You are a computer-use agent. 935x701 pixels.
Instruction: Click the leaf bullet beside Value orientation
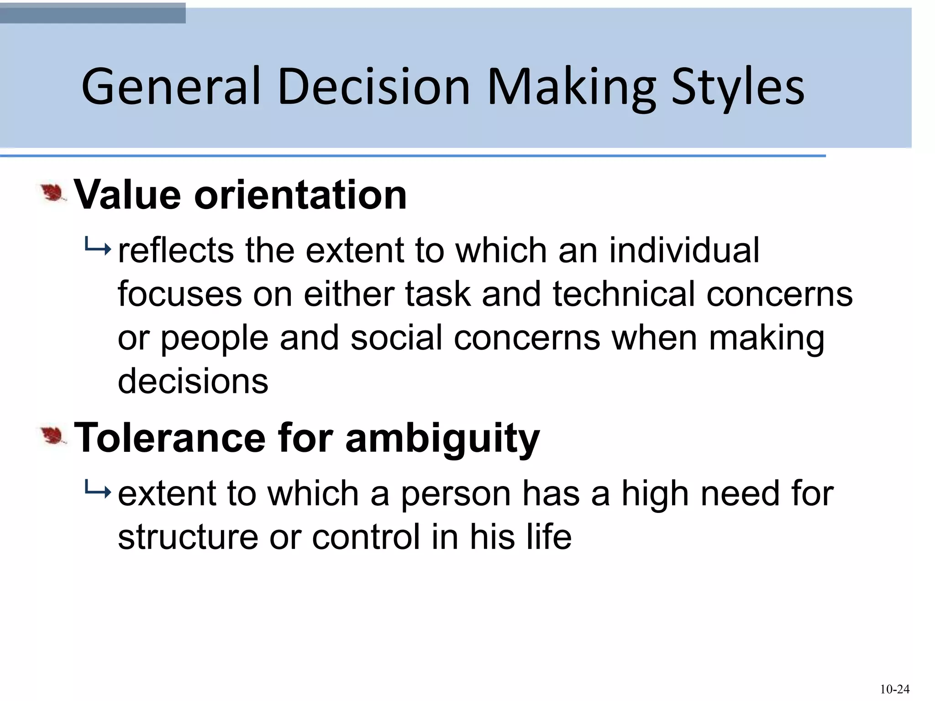(x=53, y=194)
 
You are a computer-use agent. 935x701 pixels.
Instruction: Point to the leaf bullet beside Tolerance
(x=53, y=436)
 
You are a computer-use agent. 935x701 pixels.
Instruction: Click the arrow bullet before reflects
(x=97, y=249)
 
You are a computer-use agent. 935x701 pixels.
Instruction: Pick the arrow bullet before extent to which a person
(x=97, y=492)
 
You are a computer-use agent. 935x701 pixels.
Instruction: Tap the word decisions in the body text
(x=193, y=381)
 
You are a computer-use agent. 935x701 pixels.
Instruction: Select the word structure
(x=188, y=537)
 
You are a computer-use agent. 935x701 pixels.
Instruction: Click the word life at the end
(x=548, y=537)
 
